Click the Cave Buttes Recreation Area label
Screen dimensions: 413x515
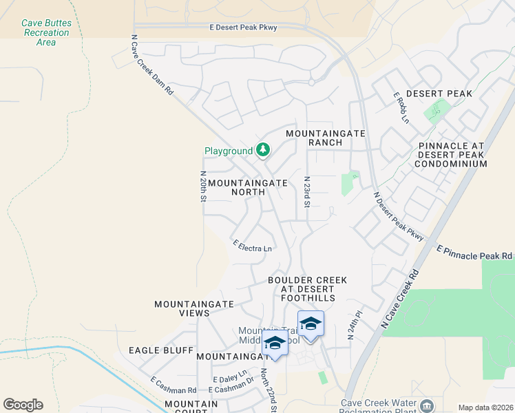(45, 32)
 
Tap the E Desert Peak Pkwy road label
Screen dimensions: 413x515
(244, 28)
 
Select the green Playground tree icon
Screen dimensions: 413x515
(262, 149)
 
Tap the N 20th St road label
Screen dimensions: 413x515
(203, 187)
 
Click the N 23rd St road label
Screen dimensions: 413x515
(308, 193)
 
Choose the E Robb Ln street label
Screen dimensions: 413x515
(401, 108)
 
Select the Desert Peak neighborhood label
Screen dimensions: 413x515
(439, 94)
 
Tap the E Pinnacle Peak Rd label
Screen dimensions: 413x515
(475, 252)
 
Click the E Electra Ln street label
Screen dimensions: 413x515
(253, 246)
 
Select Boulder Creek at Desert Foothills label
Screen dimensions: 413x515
(308, 289)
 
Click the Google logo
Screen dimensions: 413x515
(23, 405)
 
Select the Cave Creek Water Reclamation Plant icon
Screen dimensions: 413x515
(427, 405)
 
